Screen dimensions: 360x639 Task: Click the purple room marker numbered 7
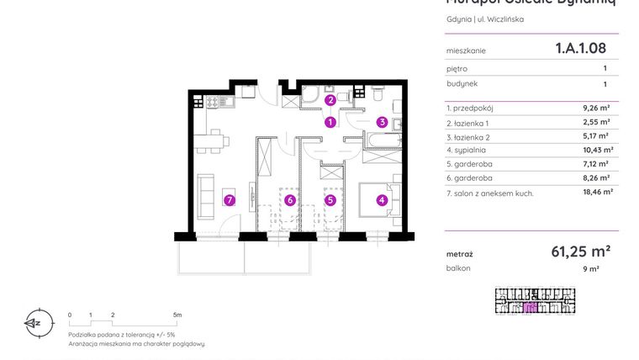228,200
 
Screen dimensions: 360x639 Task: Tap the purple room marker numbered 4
382,200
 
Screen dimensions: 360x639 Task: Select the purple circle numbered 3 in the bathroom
382,122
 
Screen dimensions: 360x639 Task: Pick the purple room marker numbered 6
288,200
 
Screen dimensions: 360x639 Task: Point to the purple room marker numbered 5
330,200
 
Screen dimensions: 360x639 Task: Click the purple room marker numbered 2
330,100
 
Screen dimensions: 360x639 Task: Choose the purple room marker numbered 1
330,122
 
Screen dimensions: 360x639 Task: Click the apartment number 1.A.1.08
580,50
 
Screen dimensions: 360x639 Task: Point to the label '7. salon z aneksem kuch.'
490,193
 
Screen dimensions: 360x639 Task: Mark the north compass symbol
34,321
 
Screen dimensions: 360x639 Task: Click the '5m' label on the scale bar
177,314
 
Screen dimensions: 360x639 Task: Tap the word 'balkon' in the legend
459,268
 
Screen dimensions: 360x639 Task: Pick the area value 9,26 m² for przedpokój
598,108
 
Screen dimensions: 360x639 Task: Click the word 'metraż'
460,252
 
